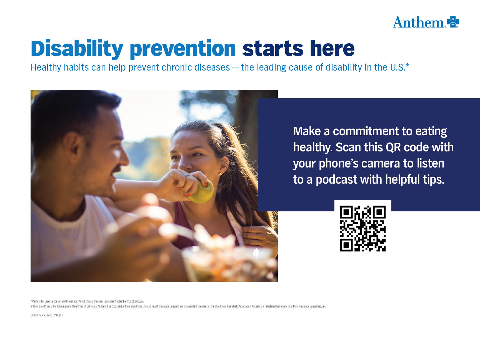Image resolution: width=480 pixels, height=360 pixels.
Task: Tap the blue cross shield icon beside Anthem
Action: pyautogui.click(x=453, y=22)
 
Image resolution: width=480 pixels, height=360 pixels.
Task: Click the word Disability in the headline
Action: pyautogui.click(x=77, y=49)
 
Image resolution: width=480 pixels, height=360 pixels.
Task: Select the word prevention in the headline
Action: pyautogui.click(x=183, y=49)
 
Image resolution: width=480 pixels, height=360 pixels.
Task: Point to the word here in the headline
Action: pyautogui.click(x=332, y=48)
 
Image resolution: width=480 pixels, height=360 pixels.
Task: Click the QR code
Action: pyautogui.click(x=363, y=229)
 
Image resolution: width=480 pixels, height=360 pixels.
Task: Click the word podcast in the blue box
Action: pyautogui.click(x=336, y=180)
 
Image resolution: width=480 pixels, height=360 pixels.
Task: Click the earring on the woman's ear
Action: pyautogui.click(x=219, y=174)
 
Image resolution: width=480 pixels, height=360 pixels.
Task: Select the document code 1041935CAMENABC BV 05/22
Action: pyautogui.click(x=47, y=315)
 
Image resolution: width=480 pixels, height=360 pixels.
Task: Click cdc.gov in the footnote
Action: pyautogui.click(x=139, y=301)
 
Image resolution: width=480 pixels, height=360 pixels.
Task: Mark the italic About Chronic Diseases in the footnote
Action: pyautogui.click(x=91, y=301)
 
